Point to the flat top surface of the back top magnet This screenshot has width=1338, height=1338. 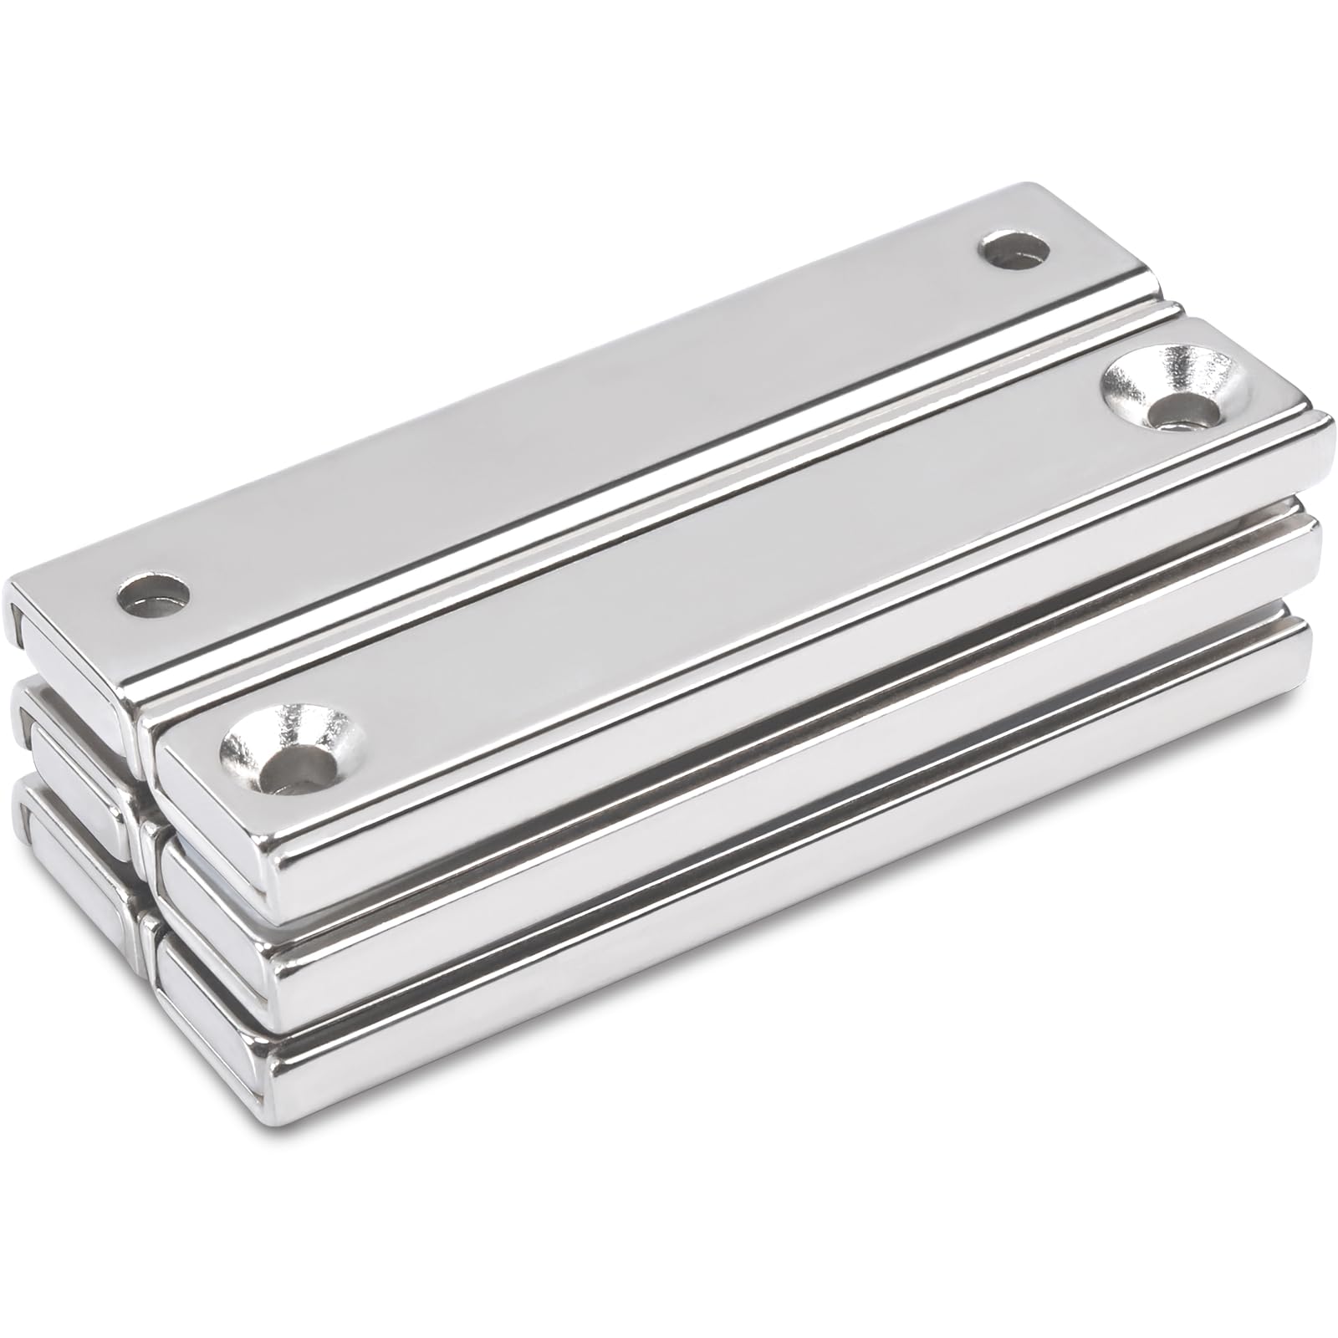coord(569,418)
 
